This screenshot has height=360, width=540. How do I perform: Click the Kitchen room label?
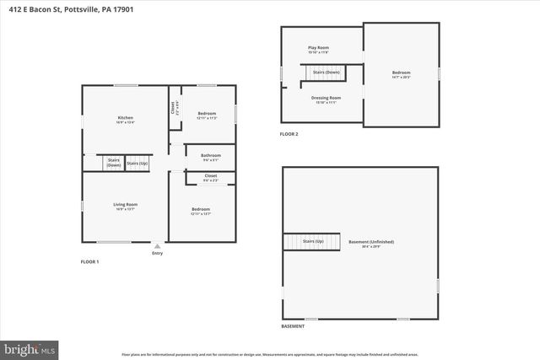[x=125, y=117]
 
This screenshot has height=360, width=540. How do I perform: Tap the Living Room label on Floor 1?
[x=125, y=204]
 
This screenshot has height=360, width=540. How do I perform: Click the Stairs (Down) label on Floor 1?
[x=114, y=163]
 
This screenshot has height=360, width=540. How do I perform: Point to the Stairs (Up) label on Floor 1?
[x=138, y=163]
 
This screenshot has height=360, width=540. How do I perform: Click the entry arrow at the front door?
[x=157, y=246]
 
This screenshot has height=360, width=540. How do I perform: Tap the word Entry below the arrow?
[x=157, y=253]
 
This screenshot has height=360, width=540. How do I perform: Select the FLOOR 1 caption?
[x=89, y=262]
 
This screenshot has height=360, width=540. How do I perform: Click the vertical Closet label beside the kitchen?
[x=174, y=108]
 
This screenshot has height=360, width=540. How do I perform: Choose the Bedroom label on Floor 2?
[x=401, y=73]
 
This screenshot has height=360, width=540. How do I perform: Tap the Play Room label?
[x=318, y=51]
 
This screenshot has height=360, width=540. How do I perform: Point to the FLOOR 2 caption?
[x=289, y=134]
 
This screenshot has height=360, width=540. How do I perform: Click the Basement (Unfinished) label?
[x=371, y=242]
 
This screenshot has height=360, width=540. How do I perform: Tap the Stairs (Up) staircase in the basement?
[x=311, y=242]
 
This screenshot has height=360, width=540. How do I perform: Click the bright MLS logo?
[x=30, y=347]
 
